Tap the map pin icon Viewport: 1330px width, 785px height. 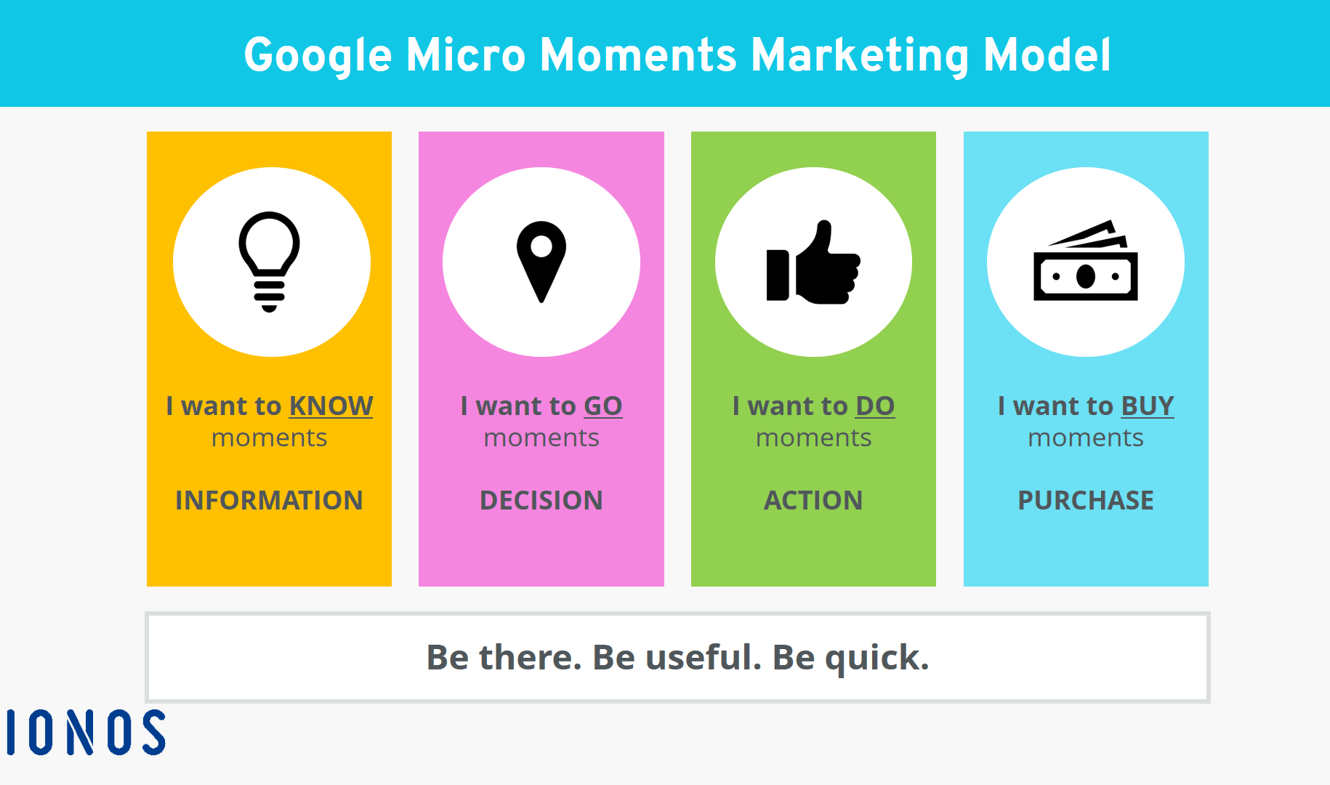coord(541,261)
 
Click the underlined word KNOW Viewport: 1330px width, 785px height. coord(331,406)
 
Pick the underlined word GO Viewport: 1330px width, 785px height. coord(603,406)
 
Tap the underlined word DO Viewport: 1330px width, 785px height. coord(875,406)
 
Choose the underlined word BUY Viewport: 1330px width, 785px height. coord(1148,406)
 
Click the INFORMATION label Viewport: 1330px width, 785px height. coord(269,500)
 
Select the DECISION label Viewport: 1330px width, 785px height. coord(541,500)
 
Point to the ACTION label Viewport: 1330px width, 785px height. coord(813,500)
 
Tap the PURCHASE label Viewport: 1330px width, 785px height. coord(1086,500)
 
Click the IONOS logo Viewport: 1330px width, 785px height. coord(86,732)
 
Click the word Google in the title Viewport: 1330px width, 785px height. coord(318,56)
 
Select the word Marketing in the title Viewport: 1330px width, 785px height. coord(860,56)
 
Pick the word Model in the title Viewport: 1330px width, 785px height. coord(1047,55)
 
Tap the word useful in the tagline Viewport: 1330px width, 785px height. coord(704,657)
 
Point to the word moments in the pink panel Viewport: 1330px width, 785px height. coord(541,438)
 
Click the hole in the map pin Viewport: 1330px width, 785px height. coord(541,246)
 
